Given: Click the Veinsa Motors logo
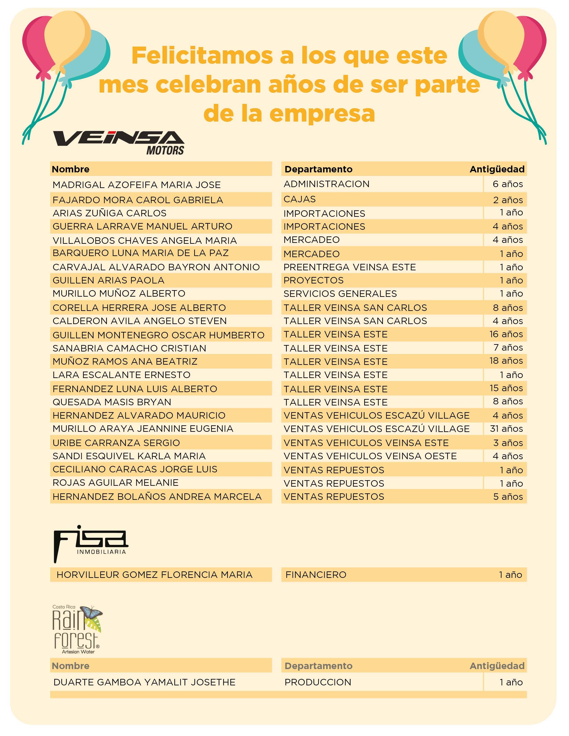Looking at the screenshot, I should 119,142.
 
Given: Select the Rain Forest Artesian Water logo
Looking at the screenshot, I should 77,630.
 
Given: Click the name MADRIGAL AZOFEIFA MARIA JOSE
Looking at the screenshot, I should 137,185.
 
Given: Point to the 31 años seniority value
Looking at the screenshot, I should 506,429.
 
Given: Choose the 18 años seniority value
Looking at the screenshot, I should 506,361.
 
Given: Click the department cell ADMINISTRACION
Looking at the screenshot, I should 326,184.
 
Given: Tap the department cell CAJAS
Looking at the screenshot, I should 300,199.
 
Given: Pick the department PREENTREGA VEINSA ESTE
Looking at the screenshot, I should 350,267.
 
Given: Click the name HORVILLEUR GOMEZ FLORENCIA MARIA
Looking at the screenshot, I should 154,575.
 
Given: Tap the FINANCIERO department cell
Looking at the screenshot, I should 316,575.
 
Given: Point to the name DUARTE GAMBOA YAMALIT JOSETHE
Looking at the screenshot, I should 144,682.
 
